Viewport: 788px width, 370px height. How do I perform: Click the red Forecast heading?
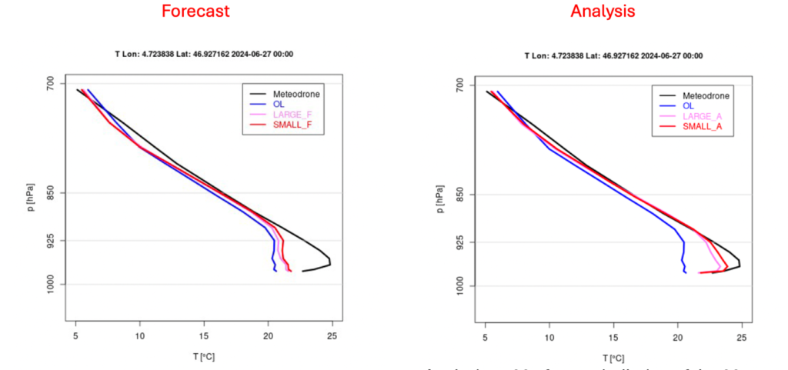click(195, 12)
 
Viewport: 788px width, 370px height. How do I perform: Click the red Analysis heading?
click(603, 12)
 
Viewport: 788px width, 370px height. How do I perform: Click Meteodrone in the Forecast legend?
click(296, 94)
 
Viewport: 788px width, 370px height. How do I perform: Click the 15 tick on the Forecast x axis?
click(204, 336)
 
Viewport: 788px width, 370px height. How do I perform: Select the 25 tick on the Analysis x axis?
click(741, 338)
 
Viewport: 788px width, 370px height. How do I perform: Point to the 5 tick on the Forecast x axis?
click(75, 336)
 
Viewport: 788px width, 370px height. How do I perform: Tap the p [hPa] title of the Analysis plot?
click(438, 198)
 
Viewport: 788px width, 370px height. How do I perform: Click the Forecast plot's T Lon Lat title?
click(204, 55)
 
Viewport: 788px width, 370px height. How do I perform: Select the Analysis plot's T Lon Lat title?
click(613, 56)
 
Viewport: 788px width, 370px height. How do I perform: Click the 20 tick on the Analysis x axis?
click(677, 338)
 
